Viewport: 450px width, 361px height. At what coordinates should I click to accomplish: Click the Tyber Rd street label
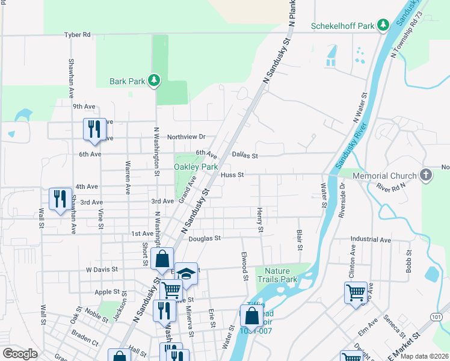(x=78, y=35)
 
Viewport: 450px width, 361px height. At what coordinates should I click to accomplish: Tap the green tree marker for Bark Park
(x=154, y=81)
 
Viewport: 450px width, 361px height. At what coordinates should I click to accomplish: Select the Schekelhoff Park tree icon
(x=383, y=26)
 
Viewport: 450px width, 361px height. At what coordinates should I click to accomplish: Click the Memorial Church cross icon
(x=425, y=176)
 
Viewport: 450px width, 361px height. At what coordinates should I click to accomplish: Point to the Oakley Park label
(x=196, y=167)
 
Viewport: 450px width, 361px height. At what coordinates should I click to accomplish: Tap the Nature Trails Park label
(x=277, y=275)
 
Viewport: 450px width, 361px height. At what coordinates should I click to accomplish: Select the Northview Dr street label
(x=186, y=137)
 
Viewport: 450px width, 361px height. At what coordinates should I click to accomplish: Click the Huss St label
(x=232, y=175)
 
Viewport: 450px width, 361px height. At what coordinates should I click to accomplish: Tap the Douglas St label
(x=205, y=238)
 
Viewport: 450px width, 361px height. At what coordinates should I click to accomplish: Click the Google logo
(x=20, y=354)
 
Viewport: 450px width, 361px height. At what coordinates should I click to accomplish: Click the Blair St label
(x=299, y=239)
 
